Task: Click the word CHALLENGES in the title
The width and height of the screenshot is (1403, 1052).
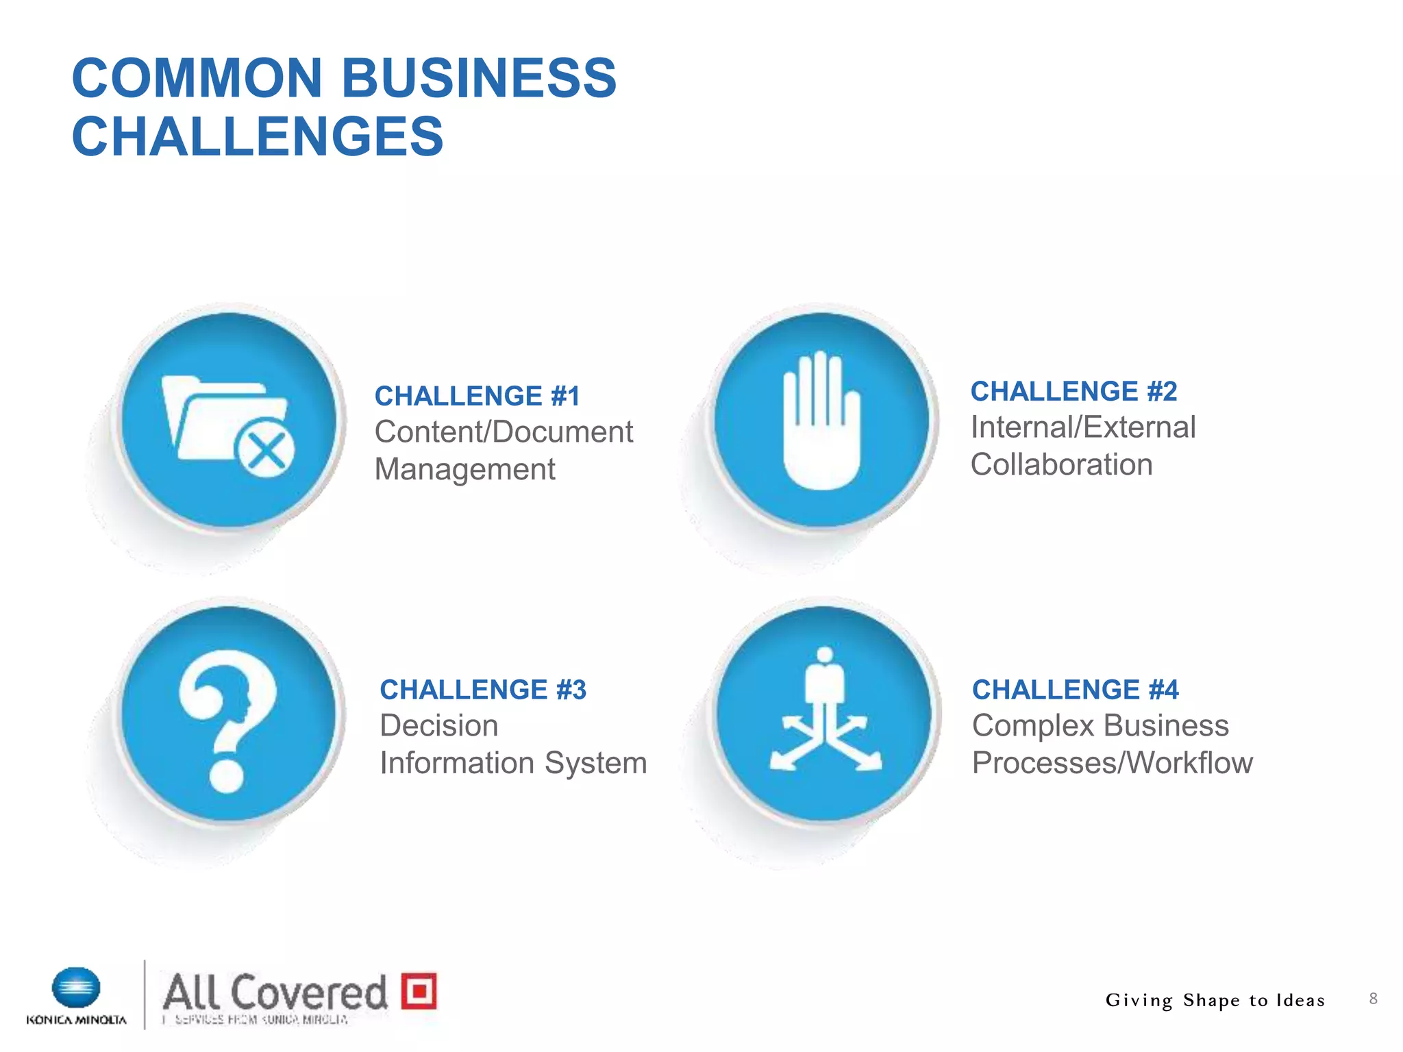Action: pos(258,136)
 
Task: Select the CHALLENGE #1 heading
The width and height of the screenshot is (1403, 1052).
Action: pos(477,396)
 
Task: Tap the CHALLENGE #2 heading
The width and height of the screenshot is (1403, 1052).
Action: pos(1073,391)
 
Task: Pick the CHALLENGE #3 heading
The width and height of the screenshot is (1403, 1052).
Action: pos(483,690)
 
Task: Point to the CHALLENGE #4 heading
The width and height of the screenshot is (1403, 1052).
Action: pos(1075,690)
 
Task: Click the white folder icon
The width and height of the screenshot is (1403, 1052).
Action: pos(212,418)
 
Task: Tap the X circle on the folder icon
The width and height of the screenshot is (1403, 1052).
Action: pos(265,451)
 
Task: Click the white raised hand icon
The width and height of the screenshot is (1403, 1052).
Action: pos(821,421)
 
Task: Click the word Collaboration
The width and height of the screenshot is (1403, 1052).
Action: pos(1061,464)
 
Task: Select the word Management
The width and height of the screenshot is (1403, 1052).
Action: pos(464,470)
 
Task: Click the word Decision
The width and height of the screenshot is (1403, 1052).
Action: pos(438,725)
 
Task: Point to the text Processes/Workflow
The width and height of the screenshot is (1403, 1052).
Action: pos(1112,763)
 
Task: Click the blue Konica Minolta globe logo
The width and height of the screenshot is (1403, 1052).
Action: pos(76,988)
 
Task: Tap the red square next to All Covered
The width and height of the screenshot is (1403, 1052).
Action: pos(419,990)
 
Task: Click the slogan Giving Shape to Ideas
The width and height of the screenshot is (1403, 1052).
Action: pos(1215,1001)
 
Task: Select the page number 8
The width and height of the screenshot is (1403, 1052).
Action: pos(1373,999)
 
